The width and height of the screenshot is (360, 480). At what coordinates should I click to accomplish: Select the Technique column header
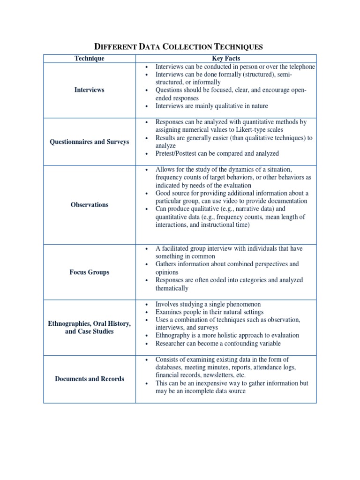[90, 59]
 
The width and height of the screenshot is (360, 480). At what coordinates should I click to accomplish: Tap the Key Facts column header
[226, 59]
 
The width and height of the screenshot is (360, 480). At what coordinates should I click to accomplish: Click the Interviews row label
[90, 90]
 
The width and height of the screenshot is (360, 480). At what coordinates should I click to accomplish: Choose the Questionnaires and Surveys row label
[90, 142]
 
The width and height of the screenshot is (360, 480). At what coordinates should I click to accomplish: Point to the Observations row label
[90, 205]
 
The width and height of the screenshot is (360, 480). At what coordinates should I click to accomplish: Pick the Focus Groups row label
[90, 272]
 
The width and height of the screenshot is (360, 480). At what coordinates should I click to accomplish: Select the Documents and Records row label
[90, 379]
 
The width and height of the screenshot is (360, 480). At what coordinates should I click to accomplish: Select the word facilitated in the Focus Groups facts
[177, 248]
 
